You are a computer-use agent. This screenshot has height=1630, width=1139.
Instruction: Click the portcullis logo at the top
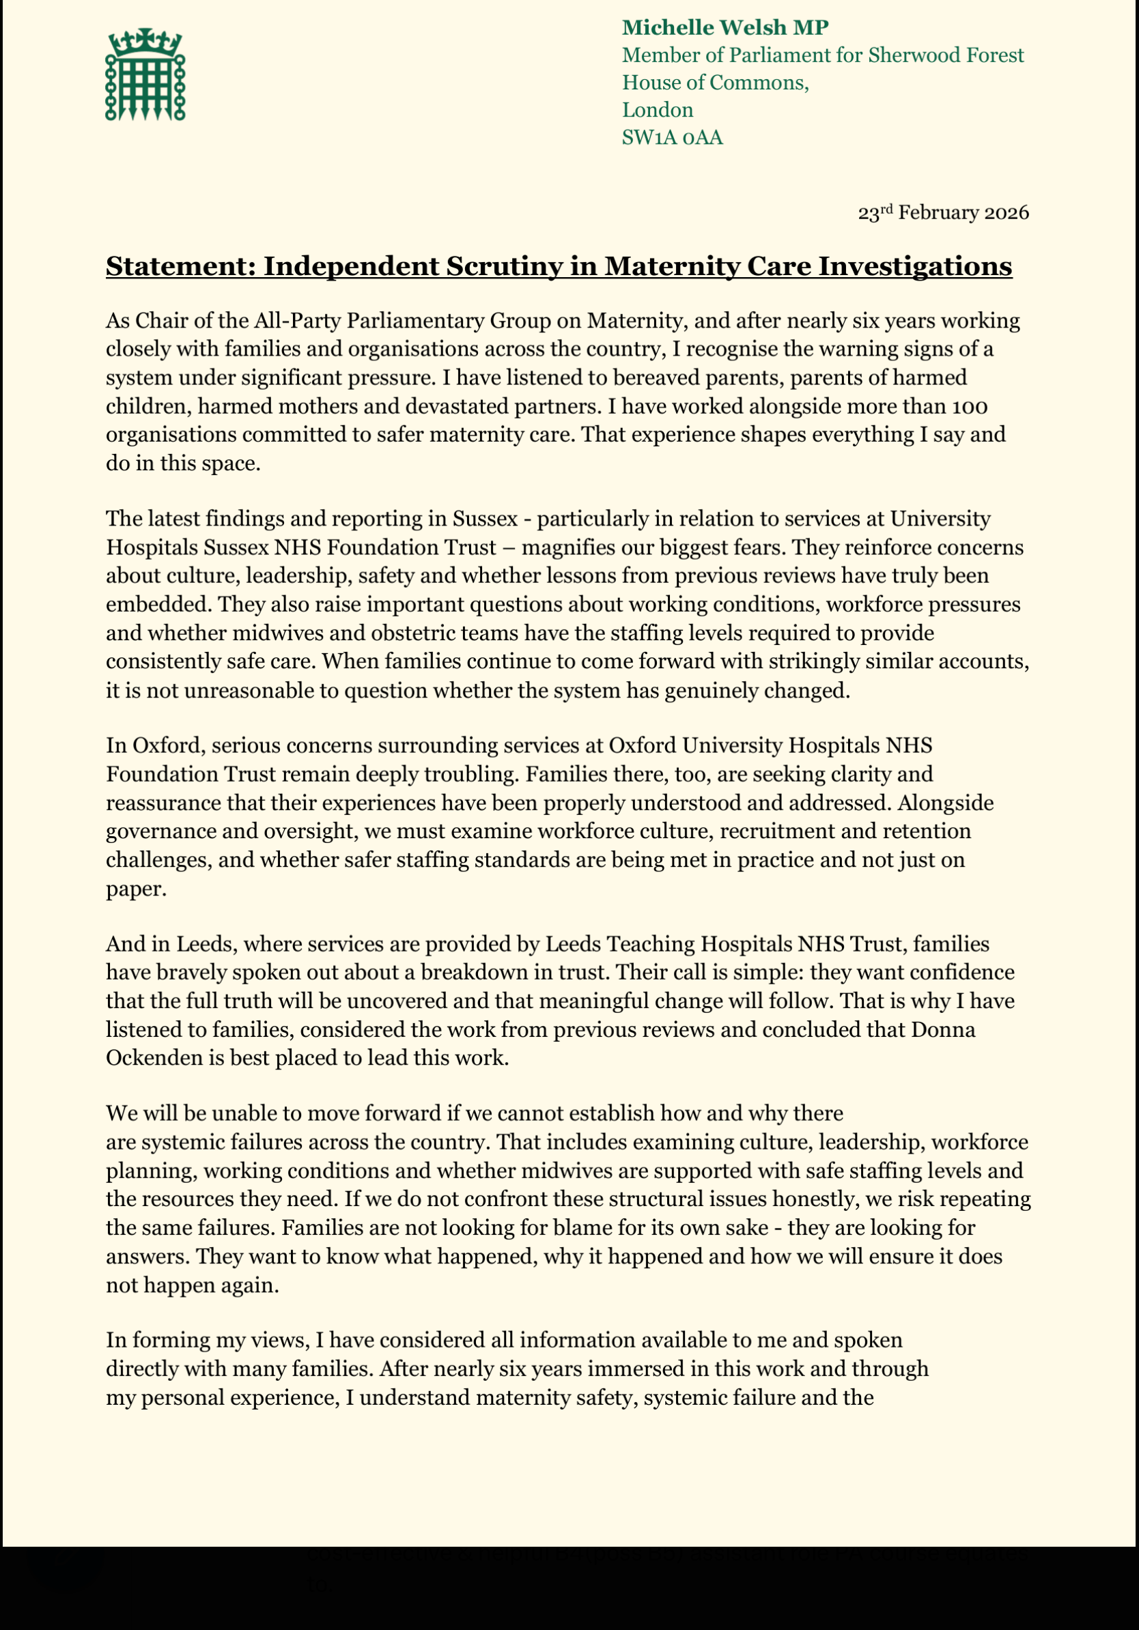pyautogui.click(x=145, y=74)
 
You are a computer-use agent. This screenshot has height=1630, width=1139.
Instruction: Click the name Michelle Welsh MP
pyautogui.click(x=725, y=28)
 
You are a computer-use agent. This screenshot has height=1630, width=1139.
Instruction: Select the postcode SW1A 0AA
pyautogui.click(x=672, y=137)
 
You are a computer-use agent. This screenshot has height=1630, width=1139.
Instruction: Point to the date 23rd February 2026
pyautogui.click(x=943, y=213)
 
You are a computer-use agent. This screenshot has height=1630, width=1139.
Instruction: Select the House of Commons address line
pyautogui.click(x=716, y=83)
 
